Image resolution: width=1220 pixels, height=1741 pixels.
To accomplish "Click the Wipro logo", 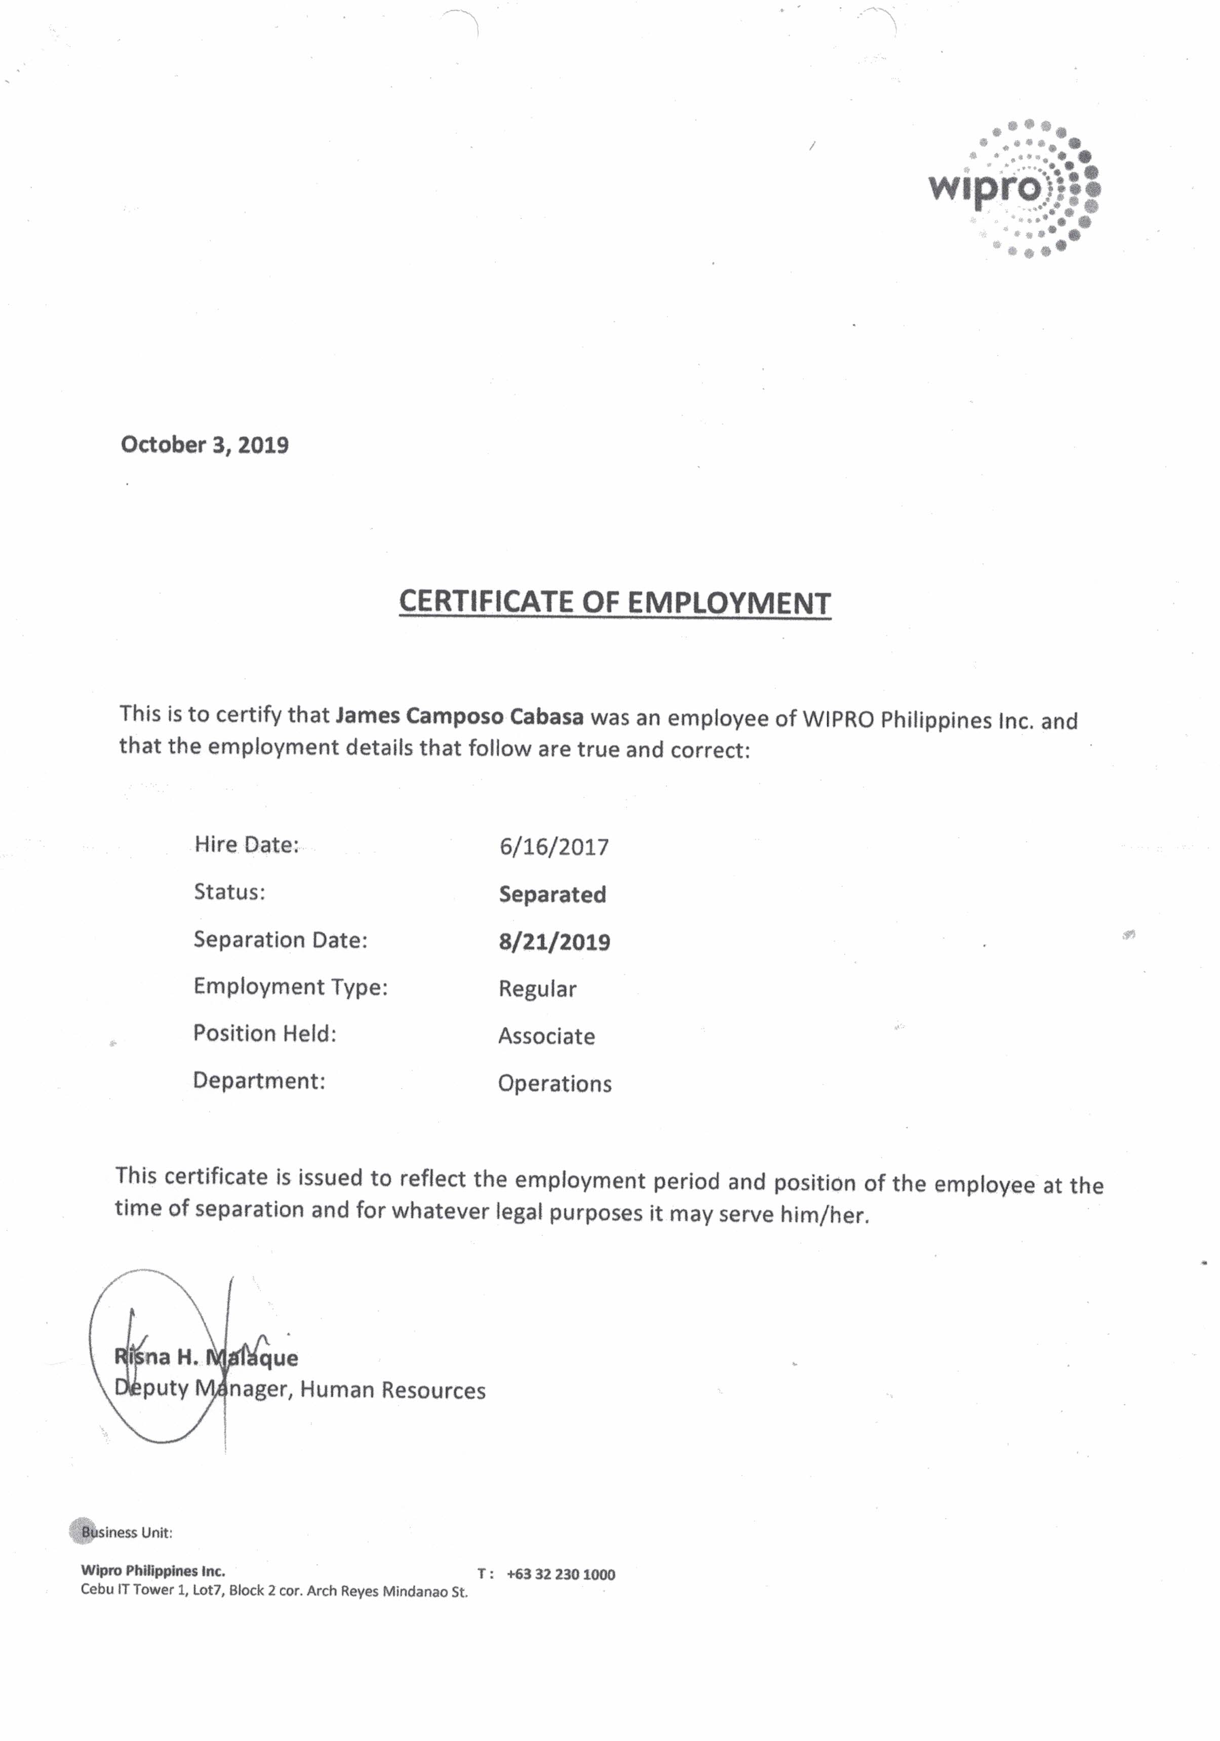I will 1014,187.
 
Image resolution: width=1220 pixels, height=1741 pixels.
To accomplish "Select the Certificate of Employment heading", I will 614,602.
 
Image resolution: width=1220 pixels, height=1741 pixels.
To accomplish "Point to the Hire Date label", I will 247,845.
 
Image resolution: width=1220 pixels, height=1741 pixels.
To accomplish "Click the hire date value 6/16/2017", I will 554,847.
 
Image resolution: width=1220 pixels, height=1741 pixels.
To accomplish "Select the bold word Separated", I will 552,895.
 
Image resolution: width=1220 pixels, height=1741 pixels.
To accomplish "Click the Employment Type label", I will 290,987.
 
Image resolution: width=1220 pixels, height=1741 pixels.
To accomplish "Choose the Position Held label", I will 265,1033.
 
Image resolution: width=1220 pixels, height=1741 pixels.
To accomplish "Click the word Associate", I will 546,1036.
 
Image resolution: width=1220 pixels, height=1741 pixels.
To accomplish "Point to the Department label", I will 259,1080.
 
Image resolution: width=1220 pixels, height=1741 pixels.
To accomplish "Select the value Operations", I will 554,1084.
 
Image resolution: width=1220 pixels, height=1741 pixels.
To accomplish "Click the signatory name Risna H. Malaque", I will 206,1357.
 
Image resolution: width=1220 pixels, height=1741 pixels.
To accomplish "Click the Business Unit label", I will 127,1532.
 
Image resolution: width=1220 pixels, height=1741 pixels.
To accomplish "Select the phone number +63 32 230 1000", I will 560,1574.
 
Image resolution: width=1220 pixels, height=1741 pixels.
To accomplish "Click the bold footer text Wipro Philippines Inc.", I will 153,1571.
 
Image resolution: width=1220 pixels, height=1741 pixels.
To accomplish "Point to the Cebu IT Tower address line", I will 273,1591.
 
